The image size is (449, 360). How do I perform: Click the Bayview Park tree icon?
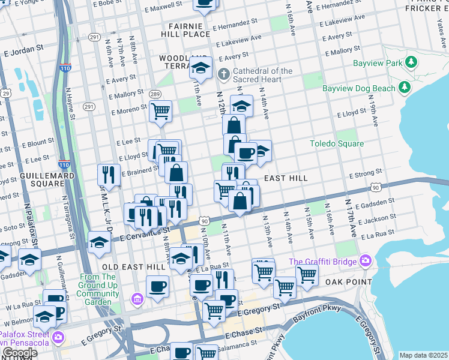click(411, 62)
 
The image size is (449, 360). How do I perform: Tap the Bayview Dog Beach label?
click(359, 88)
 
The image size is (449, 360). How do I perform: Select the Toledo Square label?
click(336, 143)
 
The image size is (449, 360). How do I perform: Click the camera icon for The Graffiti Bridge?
click(366, 261)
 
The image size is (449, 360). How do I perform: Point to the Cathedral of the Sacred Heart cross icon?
click(223, 75)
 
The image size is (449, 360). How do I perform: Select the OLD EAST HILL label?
click(125, 266)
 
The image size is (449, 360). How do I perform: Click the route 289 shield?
click(155, 94)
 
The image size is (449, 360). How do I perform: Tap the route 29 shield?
click(5, 94)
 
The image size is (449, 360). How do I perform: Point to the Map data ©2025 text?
click(423, 355)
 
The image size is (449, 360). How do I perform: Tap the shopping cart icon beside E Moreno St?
click(160, 111)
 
